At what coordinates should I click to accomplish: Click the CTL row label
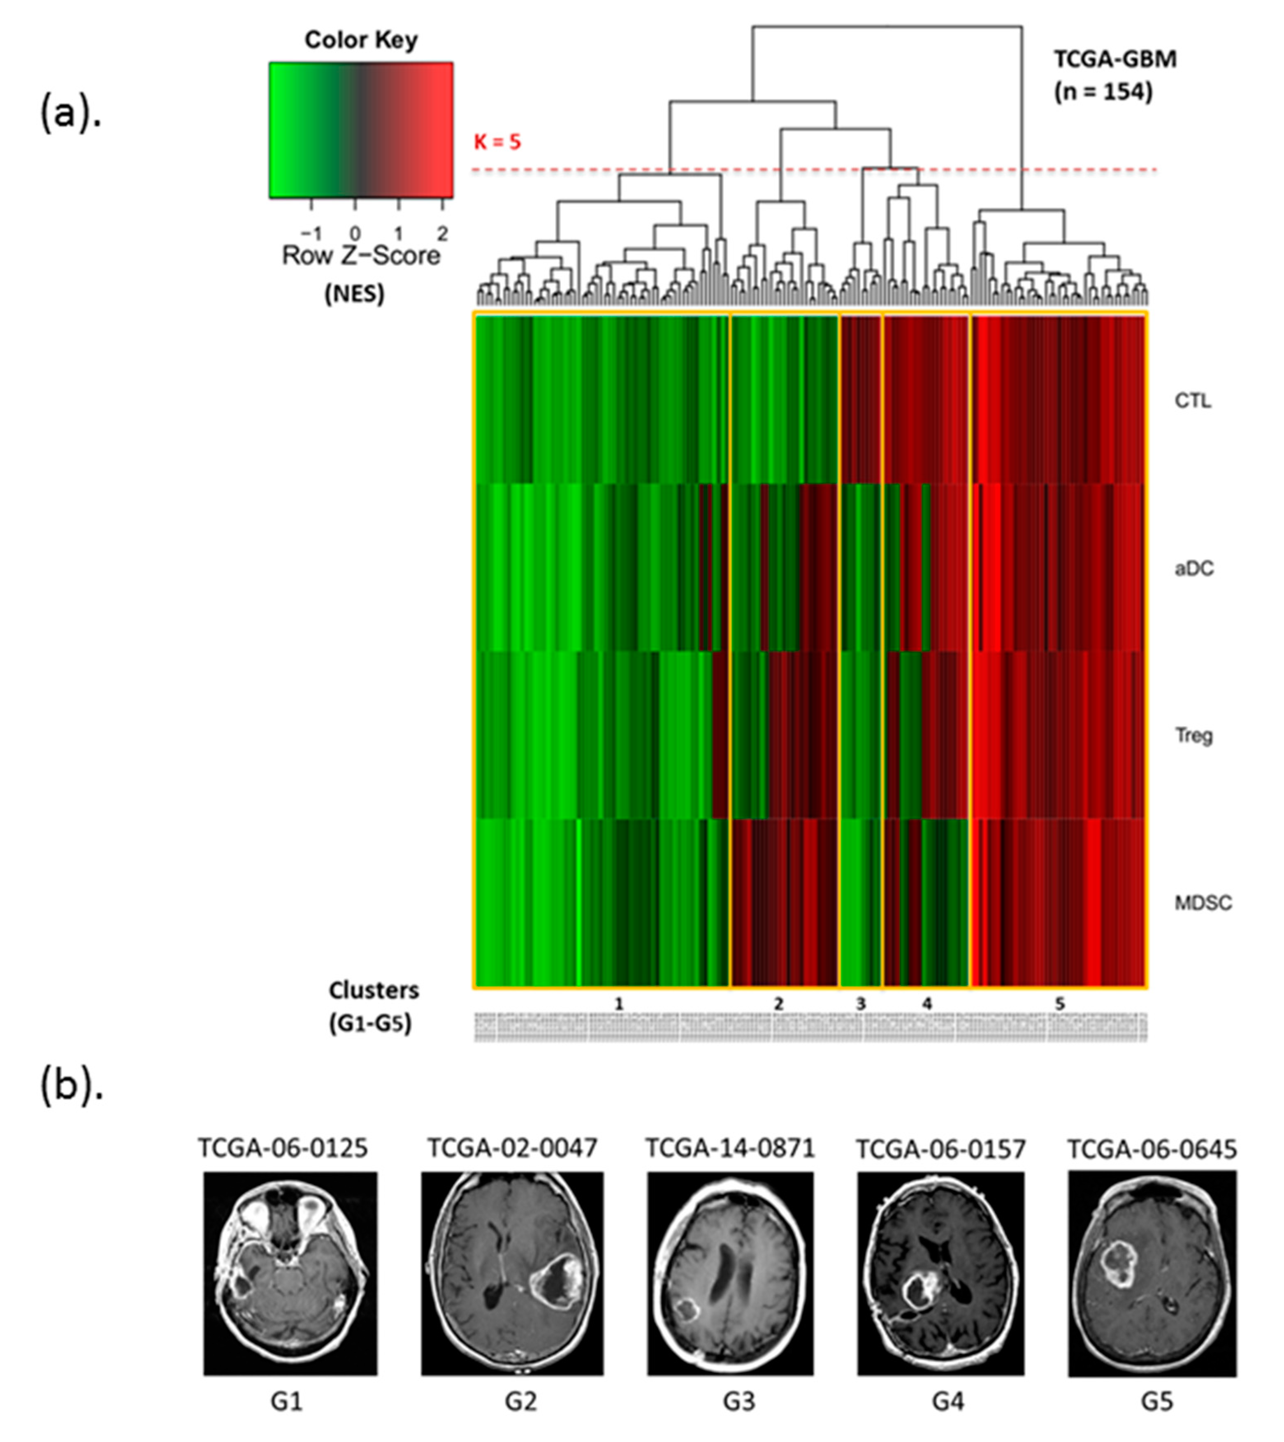coord(1192,401)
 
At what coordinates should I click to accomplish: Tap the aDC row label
coord(1194,569)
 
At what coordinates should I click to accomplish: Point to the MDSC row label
coord(1202,903)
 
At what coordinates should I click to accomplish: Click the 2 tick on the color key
coord(442,233)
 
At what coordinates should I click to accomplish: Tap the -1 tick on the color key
coord(311,233)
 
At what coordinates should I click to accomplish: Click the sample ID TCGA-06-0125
coord(282,1148)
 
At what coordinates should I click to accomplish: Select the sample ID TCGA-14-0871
coord(730,1148)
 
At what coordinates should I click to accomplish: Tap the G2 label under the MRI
coord(521,1402)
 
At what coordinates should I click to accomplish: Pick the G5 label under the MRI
coord(1157,1402)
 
